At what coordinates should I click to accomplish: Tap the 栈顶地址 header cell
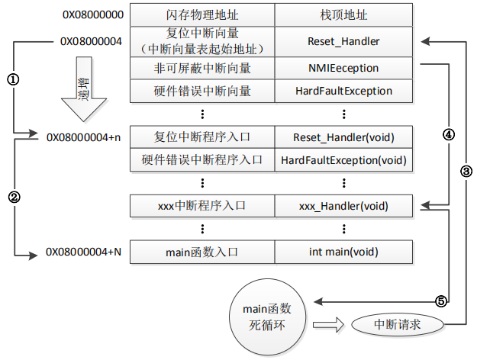343,14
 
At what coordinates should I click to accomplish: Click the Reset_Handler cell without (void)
343,41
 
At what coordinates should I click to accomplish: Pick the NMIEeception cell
343,68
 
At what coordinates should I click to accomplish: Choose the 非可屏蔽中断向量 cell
202,68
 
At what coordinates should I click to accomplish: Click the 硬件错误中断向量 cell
202,91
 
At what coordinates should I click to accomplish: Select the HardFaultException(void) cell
343,160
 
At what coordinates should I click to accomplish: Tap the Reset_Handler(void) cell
343,137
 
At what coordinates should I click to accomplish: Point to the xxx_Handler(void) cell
343,206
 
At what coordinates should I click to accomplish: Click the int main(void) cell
343,252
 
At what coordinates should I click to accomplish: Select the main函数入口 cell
202,252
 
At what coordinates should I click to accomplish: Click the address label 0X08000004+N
83,252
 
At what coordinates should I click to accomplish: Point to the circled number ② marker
12,195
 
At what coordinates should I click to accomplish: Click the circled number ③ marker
466,172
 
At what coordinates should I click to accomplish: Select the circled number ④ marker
448,133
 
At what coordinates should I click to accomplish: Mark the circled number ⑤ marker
440,301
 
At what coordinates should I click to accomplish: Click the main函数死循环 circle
267,314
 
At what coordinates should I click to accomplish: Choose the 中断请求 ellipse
397,324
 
